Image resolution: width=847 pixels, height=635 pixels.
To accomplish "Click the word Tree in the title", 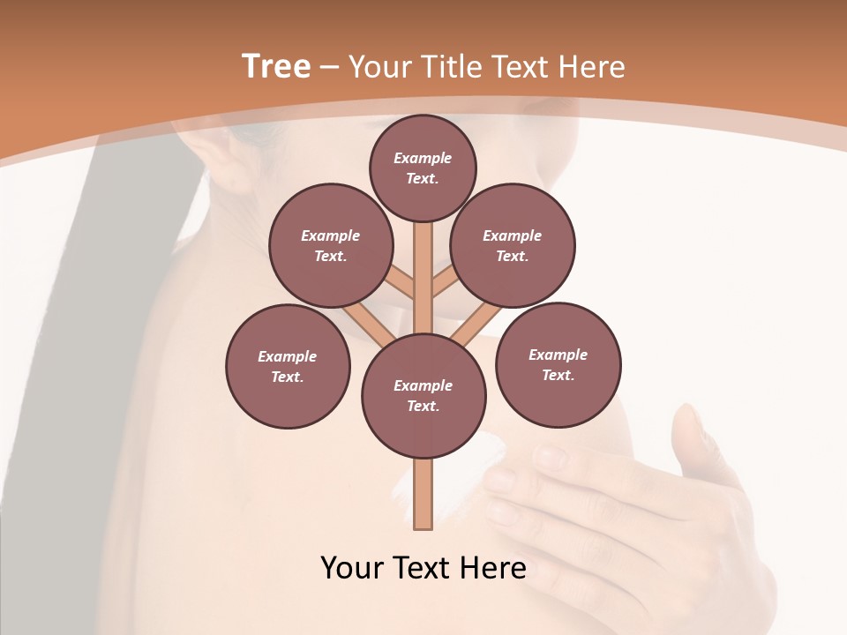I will tap(276, 67).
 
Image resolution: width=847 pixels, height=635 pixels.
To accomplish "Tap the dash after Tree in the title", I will tap(329, 68).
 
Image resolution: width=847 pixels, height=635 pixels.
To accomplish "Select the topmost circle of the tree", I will tap(423, 168).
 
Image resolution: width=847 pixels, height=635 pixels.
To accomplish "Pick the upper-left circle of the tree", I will tap(330, 245).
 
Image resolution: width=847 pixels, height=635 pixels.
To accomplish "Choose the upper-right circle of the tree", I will tap(513, 245).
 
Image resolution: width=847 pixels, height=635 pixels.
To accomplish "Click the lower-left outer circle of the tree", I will tap(288, 366).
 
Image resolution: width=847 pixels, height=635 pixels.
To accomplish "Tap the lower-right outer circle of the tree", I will tap(558, 364).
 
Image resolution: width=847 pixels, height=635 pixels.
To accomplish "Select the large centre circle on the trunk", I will tap(423, 395).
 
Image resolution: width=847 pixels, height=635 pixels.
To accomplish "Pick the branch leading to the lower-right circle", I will tap(472, 324).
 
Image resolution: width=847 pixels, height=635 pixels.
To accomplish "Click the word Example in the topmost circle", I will tap(423, 159).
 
